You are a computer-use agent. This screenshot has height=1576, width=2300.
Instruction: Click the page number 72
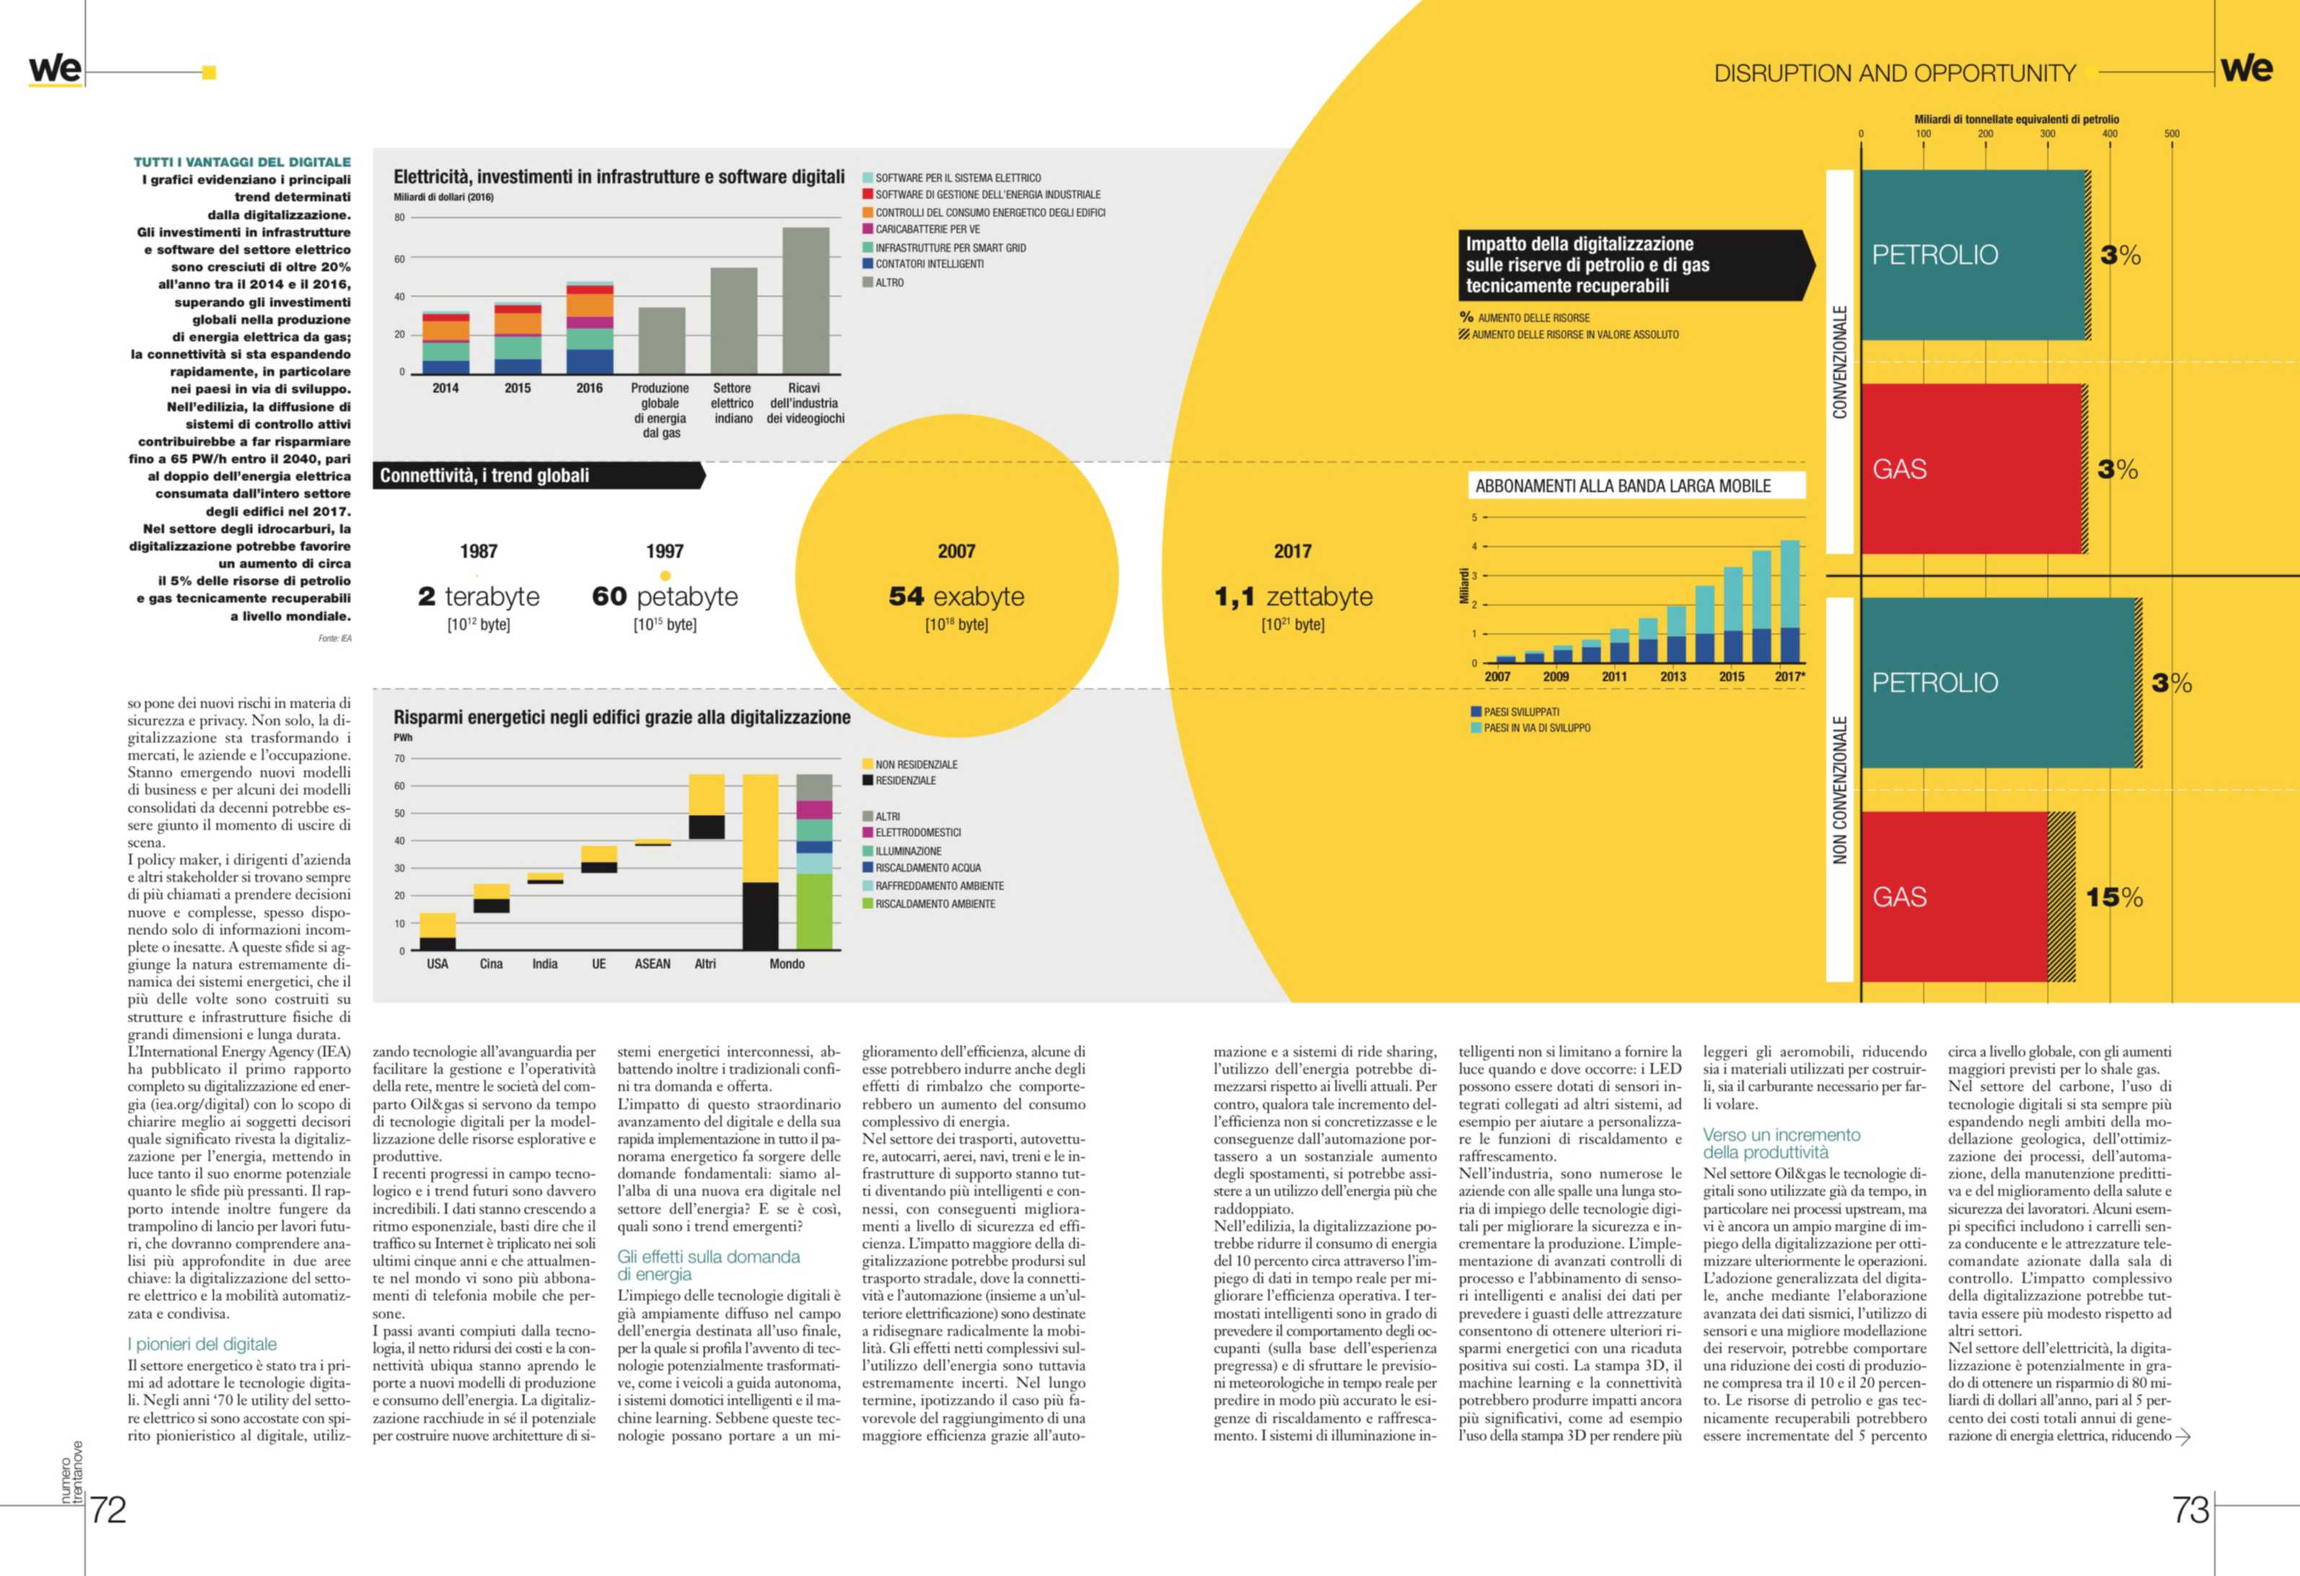point(108,1510)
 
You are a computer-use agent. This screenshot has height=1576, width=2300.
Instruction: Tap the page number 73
point(2190,1510)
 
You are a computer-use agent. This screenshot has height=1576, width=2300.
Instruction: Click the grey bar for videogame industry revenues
point(806,301)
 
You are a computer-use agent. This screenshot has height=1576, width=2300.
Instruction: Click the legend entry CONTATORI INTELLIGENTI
point(929,264)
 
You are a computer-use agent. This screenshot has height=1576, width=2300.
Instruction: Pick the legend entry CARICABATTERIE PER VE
point(926,229)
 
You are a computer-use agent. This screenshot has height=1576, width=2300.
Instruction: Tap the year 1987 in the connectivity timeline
point(478,551)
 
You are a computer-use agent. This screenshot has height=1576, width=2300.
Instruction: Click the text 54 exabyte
point(956,596)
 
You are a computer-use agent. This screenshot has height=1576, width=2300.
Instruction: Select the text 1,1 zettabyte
point(1293,596)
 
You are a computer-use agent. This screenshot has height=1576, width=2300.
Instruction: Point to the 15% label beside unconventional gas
point(2114,898)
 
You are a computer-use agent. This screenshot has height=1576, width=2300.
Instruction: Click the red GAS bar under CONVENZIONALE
point(1972,468)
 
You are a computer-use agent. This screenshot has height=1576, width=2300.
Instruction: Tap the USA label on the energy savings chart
point(436,964)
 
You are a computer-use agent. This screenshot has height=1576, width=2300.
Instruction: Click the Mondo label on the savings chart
point(787,964)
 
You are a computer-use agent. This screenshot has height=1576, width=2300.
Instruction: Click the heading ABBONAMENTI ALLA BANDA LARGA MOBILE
point(1623,486)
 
